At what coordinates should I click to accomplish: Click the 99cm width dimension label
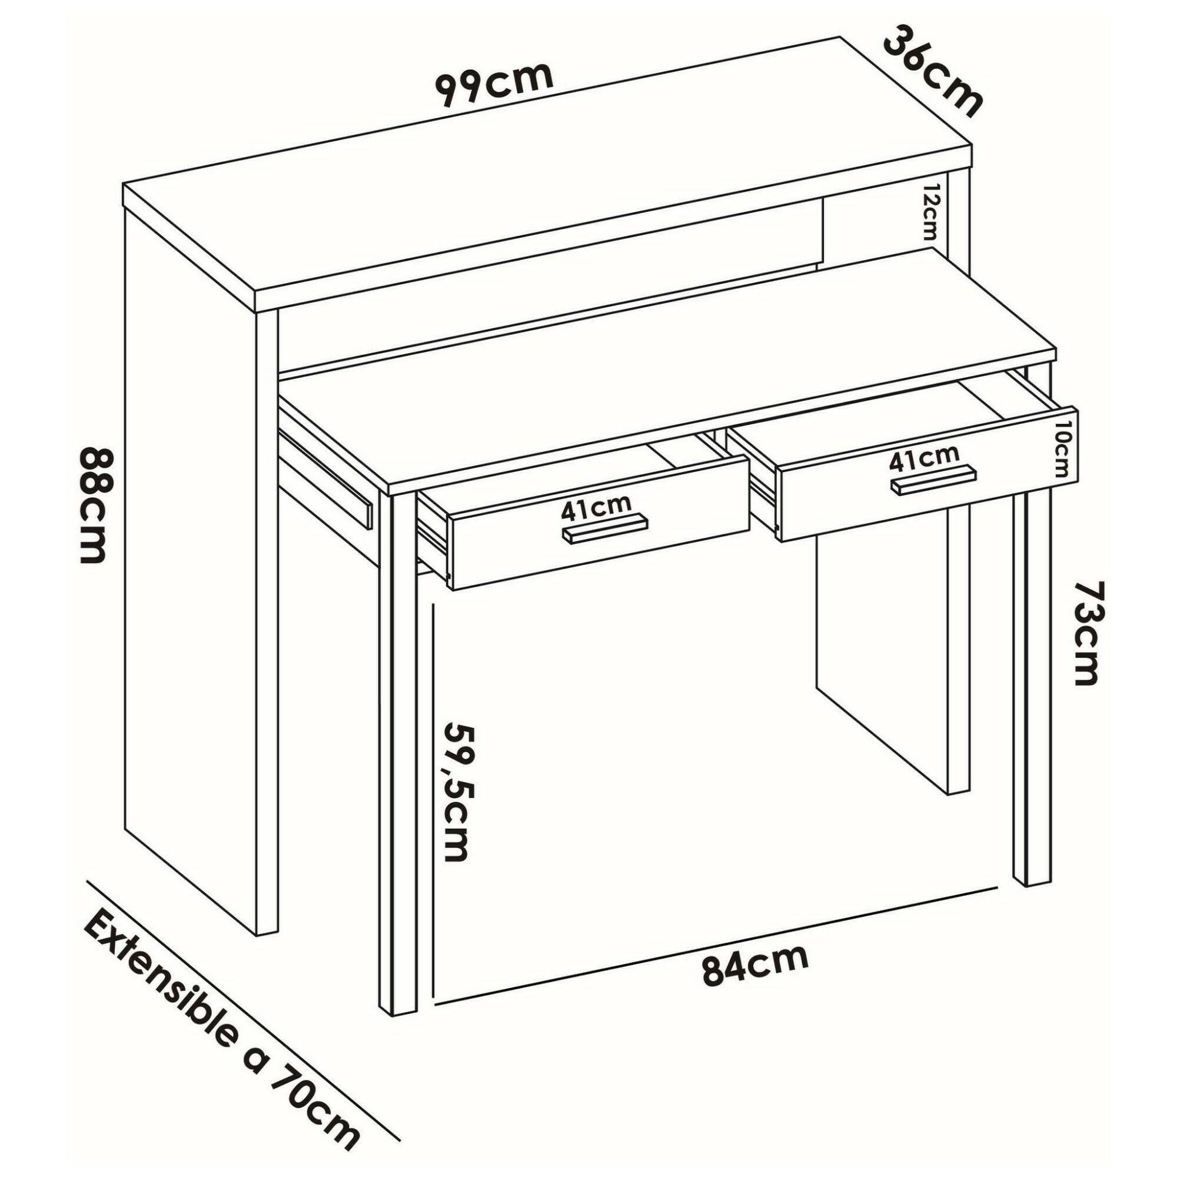click(x=495, y=84)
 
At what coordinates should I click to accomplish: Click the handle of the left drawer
click(x=604, y=530)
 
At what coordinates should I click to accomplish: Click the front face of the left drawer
click(x=599, y=523)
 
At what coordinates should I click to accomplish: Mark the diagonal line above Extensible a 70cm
click(x=244, y=983)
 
